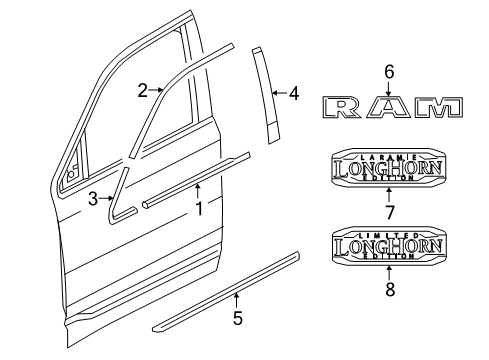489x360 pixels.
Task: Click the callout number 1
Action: (x=198, y=210)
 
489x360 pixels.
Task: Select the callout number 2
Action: (x=143, y=91)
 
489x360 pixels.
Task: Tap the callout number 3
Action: (x=93, y=199)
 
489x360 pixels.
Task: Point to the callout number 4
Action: (x=293, y=95)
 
